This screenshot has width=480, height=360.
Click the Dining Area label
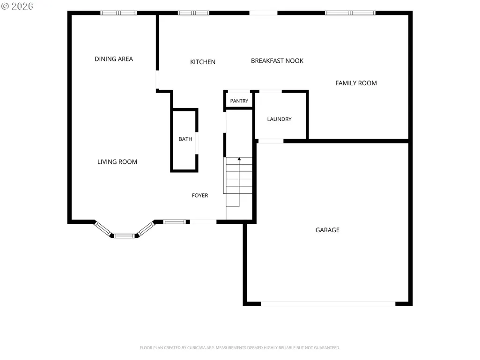tap(114, 59)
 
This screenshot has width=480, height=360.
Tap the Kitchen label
tap(203, 62)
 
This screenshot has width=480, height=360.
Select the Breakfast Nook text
tap(277, 61)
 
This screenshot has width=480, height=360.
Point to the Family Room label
tap(356, 83)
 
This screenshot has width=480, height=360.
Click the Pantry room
tap(239, 100)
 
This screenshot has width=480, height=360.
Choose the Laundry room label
tap(279, 119)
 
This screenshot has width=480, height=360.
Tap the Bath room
tap(185, 140)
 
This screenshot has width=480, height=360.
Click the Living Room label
tap(117, 162)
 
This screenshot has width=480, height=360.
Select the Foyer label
tap(200, 195)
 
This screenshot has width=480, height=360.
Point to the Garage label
tap(327, 230)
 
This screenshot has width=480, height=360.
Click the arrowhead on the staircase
tap(239, 159)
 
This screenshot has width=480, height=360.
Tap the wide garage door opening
tap(328, 304)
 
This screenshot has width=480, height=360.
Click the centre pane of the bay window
tap(124, 236)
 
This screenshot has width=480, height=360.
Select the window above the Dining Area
tap(119, 13)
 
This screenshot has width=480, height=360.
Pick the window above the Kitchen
tap(193, 13)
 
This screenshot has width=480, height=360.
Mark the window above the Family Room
tap(350, 13)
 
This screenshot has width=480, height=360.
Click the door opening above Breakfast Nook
tap(263, 13)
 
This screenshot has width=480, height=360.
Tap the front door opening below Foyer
tap(203, 221)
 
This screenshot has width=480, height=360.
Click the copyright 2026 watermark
tap(17, 6)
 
